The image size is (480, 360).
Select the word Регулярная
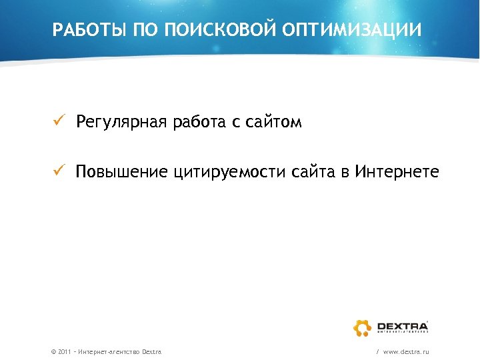tap(121, 123)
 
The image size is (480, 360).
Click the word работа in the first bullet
tap(197, 122)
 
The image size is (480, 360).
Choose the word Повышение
tap(121, 173)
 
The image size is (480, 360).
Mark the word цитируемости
tap(229, 173)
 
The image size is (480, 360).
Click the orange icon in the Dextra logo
tap(363, 327)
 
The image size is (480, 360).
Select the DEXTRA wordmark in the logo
tap(402, 325)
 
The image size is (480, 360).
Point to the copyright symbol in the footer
tap(53, 351)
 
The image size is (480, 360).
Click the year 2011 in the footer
tap(65, 351)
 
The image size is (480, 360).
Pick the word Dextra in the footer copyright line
tap(151, 351)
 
